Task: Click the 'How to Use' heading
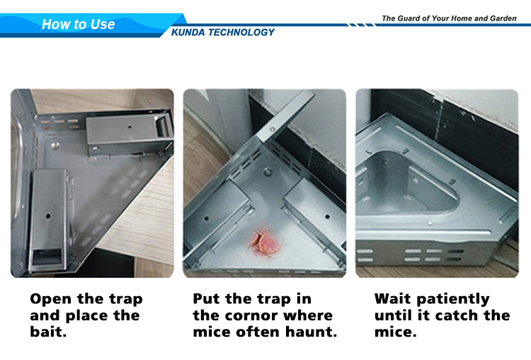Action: click(78, 24)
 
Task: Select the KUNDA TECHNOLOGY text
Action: click(222, 33)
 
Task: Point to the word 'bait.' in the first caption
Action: click(48, 332)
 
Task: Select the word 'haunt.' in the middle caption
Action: click(311, 332)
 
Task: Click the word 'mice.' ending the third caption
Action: click(395, 332)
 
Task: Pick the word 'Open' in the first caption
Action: click(51, 300)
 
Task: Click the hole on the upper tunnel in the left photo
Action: click(130, 128)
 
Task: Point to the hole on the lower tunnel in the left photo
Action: click(48, 216)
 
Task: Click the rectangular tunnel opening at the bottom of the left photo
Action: click(47, 257)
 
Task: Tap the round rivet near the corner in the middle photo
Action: click(268, 171)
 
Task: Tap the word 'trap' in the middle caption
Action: click(274, 300)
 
